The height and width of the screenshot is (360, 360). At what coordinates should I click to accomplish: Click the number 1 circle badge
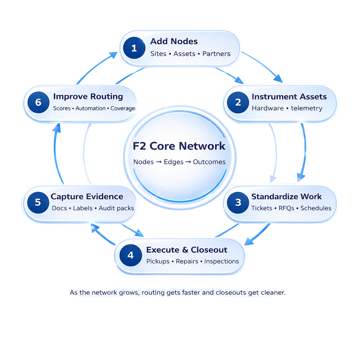(x=134, y=48)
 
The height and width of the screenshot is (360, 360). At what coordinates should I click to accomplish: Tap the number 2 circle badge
(x=238, y=102)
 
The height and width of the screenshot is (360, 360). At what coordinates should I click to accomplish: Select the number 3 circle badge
(x=238, y=202)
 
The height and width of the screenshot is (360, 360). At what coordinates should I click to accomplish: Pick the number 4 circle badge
(x=130, y=255)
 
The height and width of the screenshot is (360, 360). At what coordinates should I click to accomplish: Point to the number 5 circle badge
(x=38, y=202)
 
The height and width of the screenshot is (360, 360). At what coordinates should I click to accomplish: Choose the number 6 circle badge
(x=38, y=102)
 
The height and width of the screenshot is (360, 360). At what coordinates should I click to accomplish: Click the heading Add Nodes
(x=174, y=41)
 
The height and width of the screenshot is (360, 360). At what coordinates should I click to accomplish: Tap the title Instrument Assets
(x=289, y=97)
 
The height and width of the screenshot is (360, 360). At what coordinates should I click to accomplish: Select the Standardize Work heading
(x=287, y=197)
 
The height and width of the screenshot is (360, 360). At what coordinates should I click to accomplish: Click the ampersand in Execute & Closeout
(x=185, y=250)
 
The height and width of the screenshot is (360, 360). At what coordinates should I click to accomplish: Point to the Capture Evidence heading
(x=87, y=197)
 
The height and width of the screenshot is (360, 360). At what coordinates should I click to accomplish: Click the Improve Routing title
(x=88, y=96)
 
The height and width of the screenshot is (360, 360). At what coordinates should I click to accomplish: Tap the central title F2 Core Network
(x=179, y=146)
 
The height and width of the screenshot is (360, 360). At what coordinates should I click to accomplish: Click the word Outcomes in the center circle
(x=209, y=162)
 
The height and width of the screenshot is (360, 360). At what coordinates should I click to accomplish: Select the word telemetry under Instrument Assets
(x=307, y=108)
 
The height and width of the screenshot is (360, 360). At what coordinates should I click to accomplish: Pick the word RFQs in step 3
(x=286, y=208)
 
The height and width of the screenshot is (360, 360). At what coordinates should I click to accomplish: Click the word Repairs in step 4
(x=187, y=262)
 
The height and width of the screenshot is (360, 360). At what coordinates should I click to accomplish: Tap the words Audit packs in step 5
(x=116, y=208)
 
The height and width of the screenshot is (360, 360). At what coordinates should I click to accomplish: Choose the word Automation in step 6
(x=90, y=108)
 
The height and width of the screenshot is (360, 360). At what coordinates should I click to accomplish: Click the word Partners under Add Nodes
(x=216, y=54)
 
